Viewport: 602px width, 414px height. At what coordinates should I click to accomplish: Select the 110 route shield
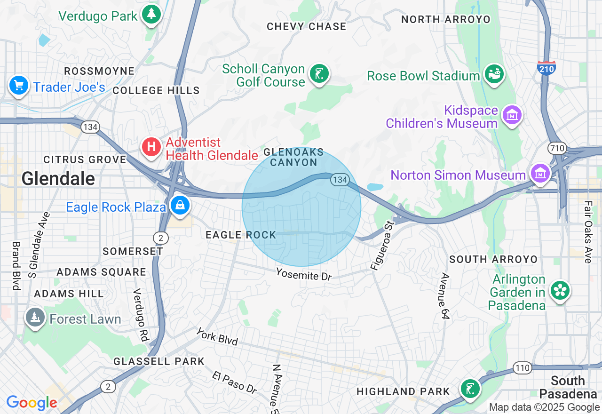(523, 368)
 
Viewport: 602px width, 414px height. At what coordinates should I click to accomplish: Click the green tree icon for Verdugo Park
(151, 14)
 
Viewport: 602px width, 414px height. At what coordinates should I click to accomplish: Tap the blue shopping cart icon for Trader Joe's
(19, 86)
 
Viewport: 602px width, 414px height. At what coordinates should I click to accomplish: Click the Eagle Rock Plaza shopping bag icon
(180, 205)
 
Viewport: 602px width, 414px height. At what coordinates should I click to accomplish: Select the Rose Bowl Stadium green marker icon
(494, 74)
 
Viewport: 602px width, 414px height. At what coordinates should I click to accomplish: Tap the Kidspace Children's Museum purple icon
(512, 115)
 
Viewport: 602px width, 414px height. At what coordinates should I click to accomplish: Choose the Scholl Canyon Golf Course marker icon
(319, 74)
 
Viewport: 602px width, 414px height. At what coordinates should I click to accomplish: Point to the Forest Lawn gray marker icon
(35, 318)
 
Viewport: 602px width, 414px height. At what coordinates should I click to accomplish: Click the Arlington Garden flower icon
(560, 290)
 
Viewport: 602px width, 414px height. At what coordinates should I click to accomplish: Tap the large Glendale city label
(58, 179)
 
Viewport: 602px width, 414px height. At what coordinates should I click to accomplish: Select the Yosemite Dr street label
(304, 274)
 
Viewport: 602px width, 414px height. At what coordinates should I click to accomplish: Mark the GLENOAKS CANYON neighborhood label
(294, 157)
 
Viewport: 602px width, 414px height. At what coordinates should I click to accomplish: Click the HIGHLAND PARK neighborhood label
(403, 391)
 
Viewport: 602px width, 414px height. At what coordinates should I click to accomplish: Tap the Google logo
(32, 403)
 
